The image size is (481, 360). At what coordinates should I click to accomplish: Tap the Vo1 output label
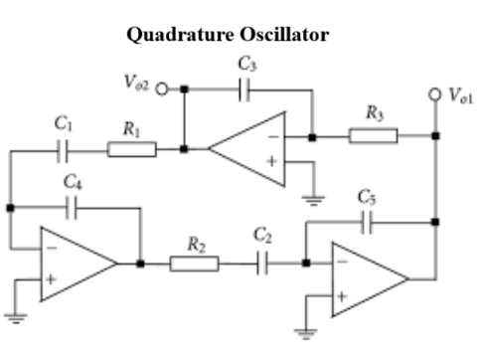pos(460,96)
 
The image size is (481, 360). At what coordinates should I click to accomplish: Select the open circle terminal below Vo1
pos(434,95)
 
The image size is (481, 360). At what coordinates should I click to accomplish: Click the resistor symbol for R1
pos(131,150)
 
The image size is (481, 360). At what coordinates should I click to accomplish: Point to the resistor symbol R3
pos(373,136)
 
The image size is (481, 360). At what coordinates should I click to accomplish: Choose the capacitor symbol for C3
pos(244,87)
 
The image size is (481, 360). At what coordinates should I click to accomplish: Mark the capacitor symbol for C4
pos(72,208)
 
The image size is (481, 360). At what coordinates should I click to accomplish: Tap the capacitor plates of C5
pos(368,223)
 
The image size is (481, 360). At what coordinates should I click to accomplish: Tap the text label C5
pos(367,197)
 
